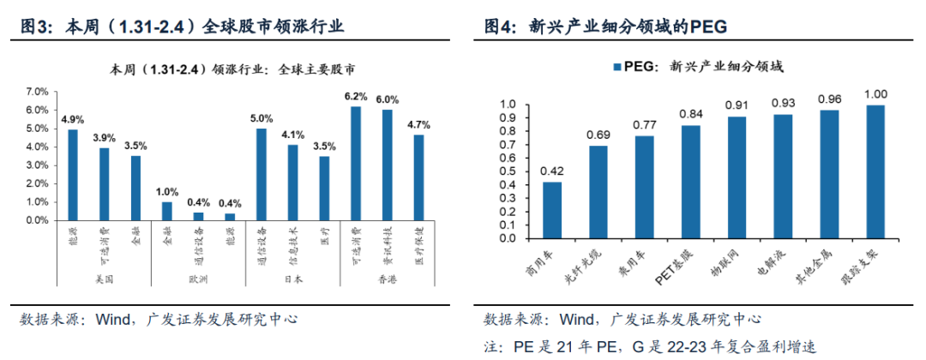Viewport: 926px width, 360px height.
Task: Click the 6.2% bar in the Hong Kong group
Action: click(355, 163)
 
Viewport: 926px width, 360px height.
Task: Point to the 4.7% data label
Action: click(418, 125)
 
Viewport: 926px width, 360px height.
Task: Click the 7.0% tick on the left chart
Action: click(36, 91)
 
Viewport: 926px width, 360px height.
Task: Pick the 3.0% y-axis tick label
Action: click(36, 165)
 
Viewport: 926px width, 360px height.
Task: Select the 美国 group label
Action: click(104, 279)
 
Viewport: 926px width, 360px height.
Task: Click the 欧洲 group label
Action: click(198, 279)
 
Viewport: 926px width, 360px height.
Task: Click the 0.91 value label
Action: click(737, 106)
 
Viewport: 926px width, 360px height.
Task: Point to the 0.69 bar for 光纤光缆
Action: click(598, 193)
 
